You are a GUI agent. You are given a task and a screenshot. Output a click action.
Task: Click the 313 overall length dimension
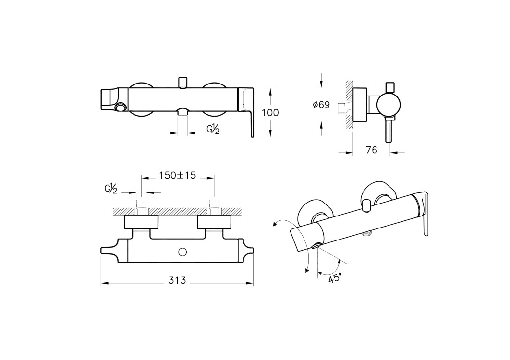(x=177, y=280)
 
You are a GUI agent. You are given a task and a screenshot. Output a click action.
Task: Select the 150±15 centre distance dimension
(x=178, y=176)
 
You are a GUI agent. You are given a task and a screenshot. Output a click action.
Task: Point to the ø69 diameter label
(x=321, y=105)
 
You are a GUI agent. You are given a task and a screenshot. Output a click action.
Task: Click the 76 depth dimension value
(x=371, y=150)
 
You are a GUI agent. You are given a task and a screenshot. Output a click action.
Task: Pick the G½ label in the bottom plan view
(x=111, y=189)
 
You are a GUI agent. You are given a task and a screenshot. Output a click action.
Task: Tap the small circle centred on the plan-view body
(x=182, y=251)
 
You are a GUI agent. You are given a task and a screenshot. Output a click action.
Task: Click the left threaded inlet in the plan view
(x=141, y=207)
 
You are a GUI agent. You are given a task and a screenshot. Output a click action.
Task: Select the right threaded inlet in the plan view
(x=214, y=207)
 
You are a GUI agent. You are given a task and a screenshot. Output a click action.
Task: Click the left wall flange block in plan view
(x=141, y=222)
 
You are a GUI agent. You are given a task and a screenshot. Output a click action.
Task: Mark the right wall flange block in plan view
(x=214, y=222)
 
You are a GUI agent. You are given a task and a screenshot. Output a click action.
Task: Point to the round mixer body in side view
(x=388, y=104)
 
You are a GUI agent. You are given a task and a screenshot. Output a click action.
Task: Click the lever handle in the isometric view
(x=425, y=214)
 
